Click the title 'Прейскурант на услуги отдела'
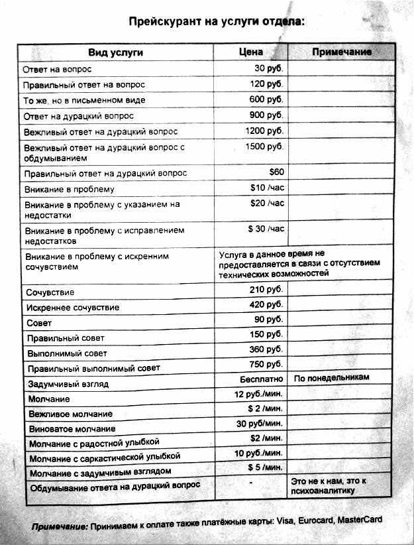point(217,21)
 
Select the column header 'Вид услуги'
point(116,52)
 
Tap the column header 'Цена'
point(251,51)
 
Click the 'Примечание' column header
point(342,52)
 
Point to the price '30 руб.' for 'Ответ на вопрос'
point(269,68)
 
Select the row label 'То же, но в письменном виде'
point(84,100)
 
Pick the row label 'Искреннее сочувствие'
point(73,308)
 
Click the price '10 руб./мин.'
point(258,453)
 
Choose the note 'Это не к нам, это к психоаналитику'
point(329,485)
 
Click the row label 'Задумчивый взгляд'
point(68,384)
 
